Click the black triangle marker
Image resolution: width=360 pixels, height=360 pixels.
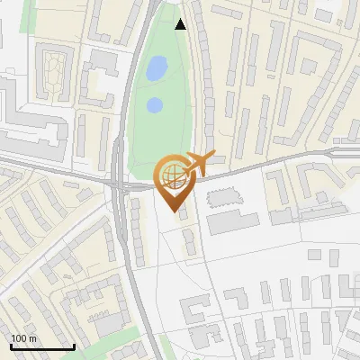tap(181, 24)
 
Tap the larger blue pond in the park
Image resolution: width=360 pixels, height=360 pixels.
tap(157, 67)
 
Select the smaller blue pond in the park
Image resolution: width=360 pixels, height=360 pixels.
tap(154, 105)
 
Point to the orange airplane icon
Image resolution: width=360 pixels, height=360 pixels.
tap(199, 165)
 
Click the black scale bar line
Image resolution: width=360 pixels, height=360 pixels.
tap(41, 347)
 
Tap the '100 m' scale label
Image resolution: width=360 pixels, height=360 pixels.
tap(24, 338)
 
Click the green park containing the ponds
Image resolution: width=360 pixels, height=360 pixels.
tap(162, 135)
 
